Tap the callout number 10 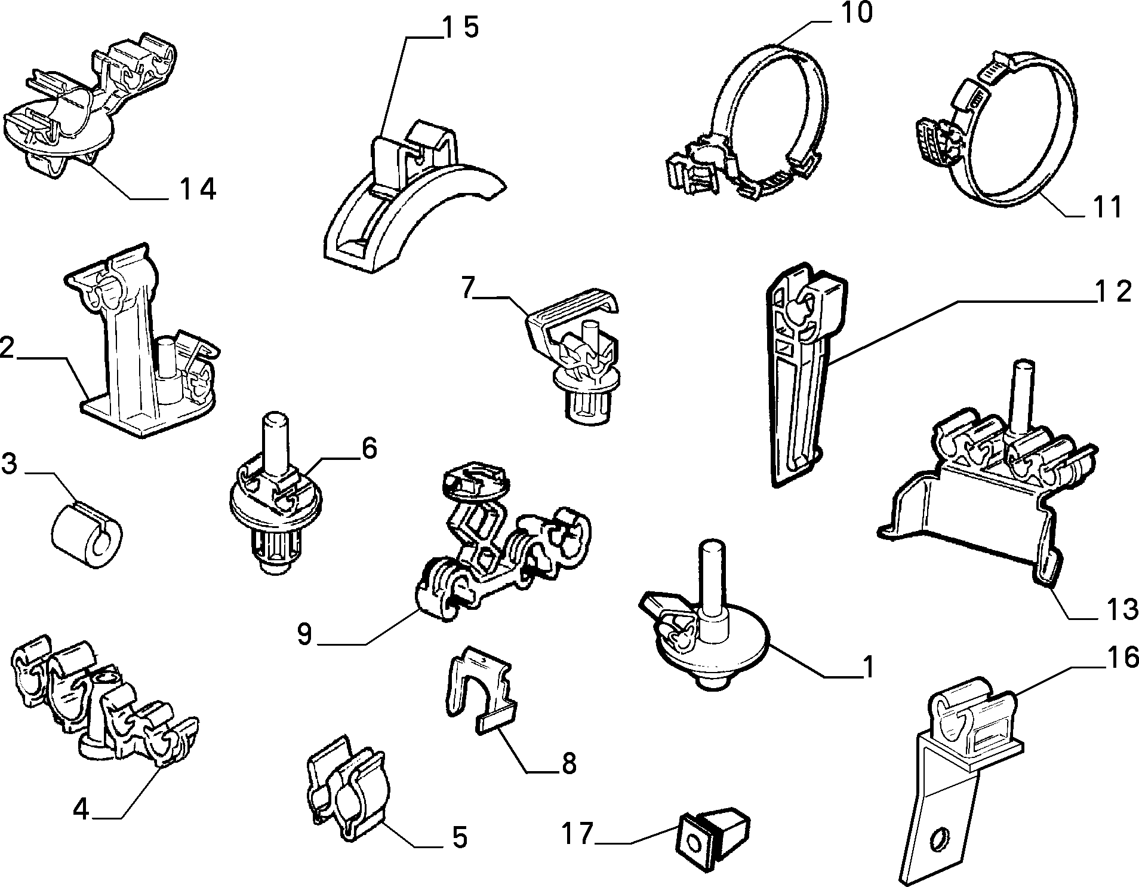pos(855,13)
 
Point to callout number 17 pos(577,833)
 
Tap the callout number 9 pos(304,634)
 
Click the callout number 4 pos(81,810)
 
